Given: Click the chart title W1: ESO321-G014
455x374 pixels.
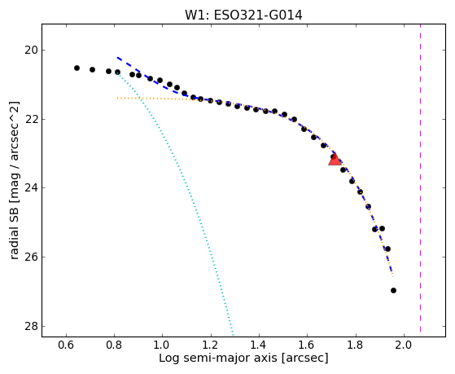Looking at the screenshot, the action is [243, 15].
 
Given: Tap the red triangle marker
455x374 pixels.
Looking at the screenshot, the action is [335, 160].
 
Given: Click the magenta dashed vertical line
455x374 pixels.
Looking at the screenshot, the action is [420, 178].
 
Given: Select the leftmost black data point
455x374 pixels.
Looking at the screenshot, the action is [77, 68].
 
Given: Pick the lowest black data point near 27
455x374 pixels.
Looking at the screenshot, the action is [393, 290].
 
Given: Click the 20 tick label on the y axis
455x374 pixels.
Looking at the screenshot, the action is [31, 51].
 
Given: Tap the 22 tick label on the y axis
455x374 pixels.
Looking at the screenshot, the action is [31, 119].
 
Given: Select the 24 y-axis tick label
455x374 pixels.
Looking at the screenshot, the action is [31, 188].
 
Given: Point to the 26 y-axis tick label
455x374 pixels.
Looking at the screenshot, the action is [31, 257].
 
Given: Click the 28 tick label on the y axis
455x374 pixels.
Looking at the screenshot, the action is [31, 326].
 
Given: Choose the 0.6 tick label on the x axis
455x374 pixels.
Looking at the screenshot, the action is [66, 345].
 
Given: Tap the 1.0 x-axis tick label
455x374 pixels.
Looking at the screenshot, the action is [163, 345].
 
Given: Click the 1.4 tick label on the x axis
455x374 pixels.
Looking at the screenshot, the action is [259, 345].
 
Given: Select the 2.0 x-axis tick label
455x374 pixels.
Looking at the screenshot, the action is [404, 345].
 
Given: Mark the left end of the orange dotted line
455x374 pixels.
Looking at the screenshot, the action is [117, 99].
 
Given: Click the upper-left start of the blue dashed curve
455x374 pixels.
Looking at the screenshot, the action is [117, 58].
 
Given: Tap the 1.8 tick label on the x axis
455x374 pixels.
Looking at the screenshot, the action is [355, 345].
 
